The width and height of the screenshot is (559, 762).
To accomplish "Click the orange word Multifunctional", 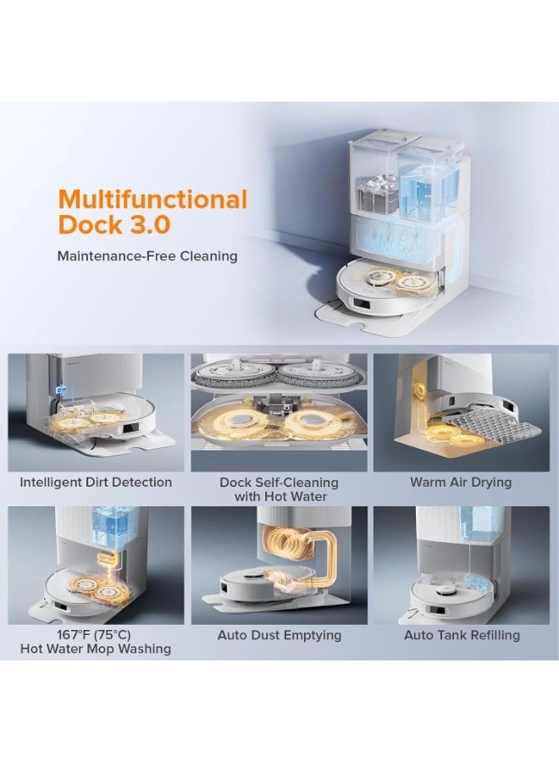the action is tap(152, 198).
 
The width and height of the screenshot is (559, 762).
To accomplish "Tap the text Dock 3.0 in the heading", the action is tap(114, 224).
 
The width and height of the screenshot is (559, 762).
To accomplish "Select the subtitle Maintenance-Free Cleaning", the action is tap(147, 256).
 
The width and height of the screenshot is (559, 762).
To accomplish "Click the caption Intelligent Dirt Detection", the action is tap(96, 482).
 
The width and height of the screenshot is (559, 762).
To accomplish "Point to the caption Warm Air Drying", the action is tap(461, 482).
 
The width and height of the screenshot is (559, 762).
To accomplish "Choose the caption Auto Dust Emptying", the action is tap(279, 635).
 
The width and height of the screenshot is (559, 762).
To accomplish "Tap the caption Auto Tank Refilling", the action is tap(462, 635).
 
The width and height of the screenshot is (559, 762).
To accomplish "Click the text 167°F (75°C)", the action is tap(94, 635).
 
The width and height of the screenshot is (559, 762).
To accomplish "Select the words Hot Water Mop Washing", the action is tap(96, 649).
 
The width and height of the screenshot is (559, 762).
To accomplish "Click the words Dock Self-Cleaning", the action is tap(279, 483).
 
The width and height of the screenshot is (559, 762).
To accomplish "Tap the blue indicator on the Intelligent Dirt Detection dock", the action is tap(62, 389).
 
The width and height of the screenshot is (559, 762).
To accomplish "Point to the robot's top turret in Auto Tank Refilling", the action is tap(445, 591).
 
